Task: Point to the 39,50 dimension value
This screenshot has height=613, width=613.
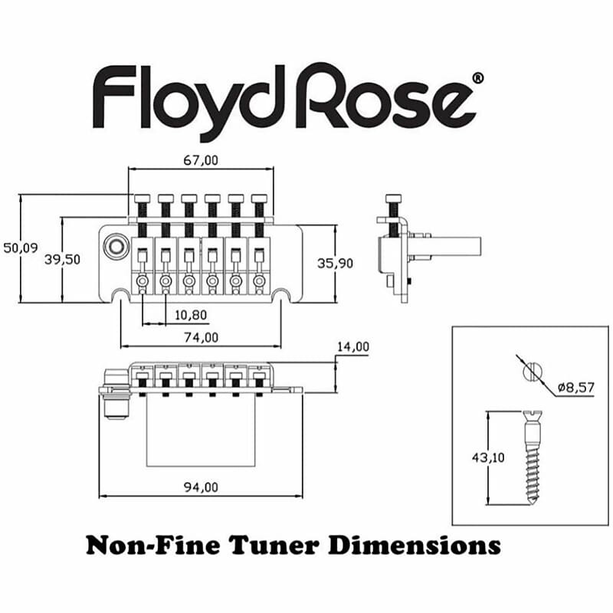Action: click(x=63, y=259)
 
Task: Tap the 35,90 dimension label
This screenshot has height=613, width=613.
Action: click(x=336, y=263)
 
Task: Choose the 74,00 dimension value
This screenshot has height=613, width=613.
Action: click(x=202, y=337)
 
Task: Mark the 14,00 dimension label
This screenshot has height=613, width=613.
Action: click(x=352, y=347)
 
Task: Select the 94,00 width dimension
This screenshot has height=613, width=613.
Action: click(x=202, y=487)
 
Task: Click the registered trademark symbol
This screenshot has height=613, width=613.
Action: click(x=478, y=78)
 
